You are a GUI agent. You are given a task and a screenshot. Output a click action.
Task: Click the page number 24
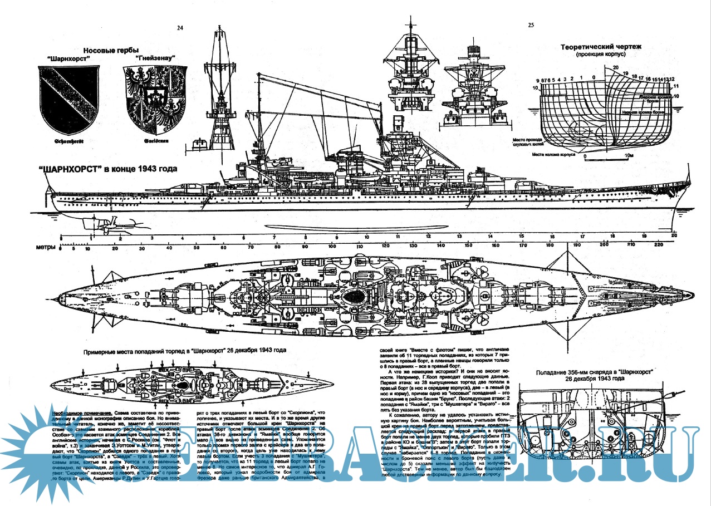179,27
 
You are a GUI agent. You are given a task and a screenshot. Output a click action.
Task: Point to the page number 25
531,25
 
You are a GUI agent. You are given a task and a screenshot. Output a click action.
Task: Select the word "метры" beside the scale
45,247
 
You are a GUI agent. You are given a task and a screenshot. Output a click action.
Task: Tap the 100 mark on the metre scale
332,247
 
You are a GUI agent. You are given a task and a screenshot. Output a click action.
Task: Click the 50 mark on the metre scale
196,247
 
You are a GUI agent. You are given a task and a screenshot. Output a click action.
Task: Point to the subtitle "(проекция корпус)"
602,55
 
